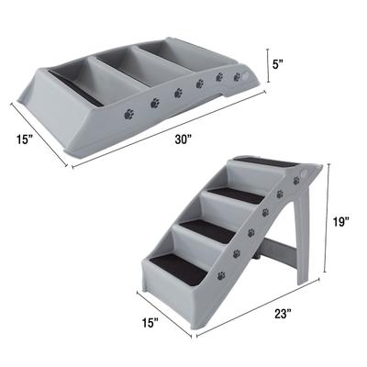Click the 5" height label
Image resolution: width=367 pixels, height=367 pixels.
(x=277, y=66)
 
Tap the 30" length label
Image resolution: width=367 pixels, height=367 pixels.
(x=184, y=139)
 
